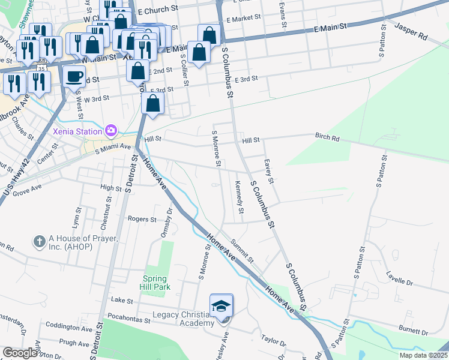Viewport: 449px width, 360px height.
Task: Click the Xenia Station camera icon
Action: click(x=110, y=130)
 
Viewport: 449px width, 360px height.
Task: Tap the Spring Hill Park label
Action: click(x=156, y=283)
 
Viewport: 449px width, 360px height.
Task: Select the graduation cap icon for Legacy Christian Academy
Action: click(x=221, y=306)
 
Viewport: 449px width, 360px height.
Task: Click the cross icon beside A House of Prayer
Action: click(x=40, y=242)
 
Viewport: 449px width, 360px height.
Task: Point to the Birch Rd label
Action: click(x=327, y=137)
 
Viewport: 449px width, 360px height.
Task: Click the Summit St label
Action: click(x=244, y=250)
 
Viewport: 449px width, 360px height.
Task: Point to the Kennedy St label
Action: click(x=240, y=197)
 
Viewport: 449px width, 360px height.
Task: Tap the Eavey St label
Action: click(x=269, y=171)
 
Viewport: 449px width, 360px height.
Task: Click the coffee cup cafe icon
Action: click(x=74, y=77)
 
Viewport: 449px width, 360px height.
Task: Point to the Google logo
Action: click(x=20, y=353)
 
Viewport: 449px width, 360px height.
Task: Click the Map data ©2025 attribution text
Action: click(x=423, y=355)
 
